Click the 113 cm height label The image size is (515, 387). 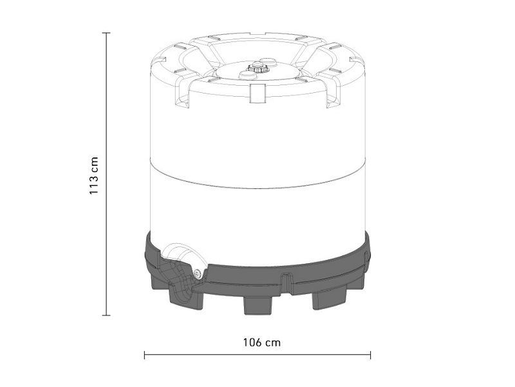coord(94,175)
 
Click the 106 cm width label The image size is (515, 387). coord(262,342)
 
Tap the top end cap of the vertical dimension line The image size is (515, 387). coord(106,33)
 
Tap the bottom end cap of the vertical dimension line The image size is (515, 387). coord(106,315)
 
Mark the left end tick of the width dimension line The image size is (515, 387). coord(144,355)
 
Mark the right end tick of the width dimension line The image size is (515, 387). coord(371,355)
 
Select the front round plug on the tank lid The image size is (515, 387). coord(248,75)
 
